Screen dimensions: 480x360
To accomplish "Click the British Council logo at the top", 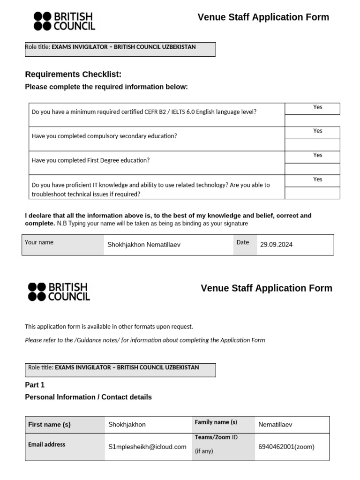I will pyautogui.click(x=64, y=21).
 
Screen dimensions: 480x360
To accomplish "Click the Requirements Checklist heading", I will pyautogui.click(x=73, y=74).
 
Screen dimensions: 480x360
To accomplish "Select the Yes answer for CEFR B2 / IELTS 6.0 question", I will pyautogui.click(x=318, y=107).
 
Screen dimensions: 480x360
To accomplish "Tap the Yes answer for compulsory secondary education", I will pyautogui.click(x=318, y=131).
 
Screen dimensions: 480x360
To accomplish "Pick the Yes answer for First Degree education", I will pyautogui.click(x=318, y=155).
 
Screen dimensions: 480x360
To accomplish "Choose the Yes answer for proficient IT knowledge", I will pyautogui.click(x=318, y=180).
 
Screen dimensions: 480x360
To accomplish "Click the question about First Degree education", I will pyautogui.click(x=90, y=160).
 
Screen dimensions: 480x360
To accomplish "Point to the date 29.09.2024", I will pyautogui.click(x=276, y=245).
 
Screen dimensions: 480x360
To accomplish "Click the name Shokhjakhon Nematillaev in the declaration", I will pyautogui.click(x=143, y=245).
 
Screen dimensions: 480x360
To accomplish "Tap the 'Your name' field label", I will pyautogui.click(x=39, y=242).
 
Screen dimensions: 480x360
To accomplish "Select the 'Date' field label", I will pyautogui.click(x=243, y=242).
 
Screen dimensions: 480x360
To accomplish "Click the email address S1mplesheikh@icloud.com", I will pyautogui.click(x=147, y=447).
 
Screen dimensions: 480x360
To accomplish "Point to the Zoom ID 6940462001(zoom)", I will pyautogui.click(x=286, y=447).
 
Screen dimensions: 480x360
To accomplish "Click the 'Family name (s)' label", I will pyautogui.click(x=216, y=422).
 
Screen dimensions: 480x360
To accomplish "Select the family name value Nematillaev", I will pyautogui.click(x=275, y=425).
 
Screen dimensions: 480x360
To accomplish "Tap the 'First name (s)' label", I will pyautogui.click(x=49, y=425).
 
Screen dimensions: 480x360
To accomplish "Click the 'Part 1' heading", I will pyautogui.click(x=35, y=385).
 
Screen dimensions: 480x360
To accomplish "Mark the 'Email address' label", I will pyautogui.click(x=47, y=444).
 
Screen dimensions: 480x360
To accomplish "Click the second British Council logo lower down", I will pyautogui.click(x=59, y=292).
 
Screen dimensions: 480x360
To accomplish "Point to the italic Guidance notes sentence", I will pyautogui.click(x=145, y=340).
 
